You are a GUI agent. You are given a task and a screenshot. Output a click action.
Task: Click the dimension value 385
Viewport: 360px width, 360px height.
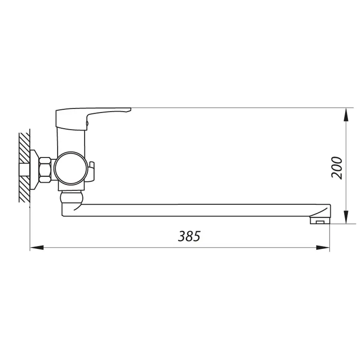pos(189,236)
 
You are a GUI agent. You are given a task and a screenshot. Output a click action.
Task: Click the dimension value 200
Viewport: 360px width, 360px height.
pos(337,168)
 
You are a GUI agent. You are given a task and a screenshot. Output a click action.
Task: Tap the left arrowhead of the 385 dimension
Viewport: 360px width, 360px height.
pos(36,248)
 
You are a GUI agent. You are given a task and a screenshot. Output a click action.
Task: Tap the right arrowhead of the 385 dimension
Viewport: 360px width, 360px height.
pos(324,248)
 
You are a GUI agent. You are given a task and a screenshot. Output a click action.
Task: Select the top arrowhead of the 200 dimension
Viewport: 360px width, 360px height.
pos(346,114)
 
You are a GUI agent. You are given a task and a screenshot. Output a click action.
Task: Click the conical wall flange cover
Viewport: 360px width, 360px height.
pos(34,169)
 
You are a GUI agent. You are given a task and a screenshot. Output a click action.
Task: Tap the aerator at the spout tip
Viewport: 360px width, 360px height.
pos(319,220)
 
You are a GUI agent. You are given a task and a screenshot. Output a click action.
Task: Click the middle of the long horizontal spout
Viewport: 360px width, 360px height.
pos(200,210)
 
